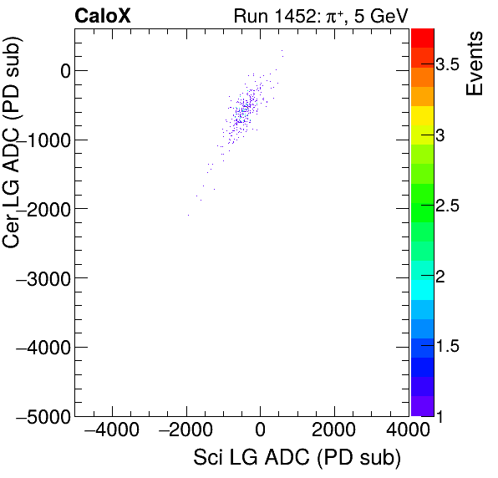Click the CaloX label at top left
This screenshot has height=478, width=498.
pyautogui.click(x=103, y=15)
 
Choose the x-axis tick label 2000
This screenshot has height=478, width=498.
pyautogui.click(x=334, y=431)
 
